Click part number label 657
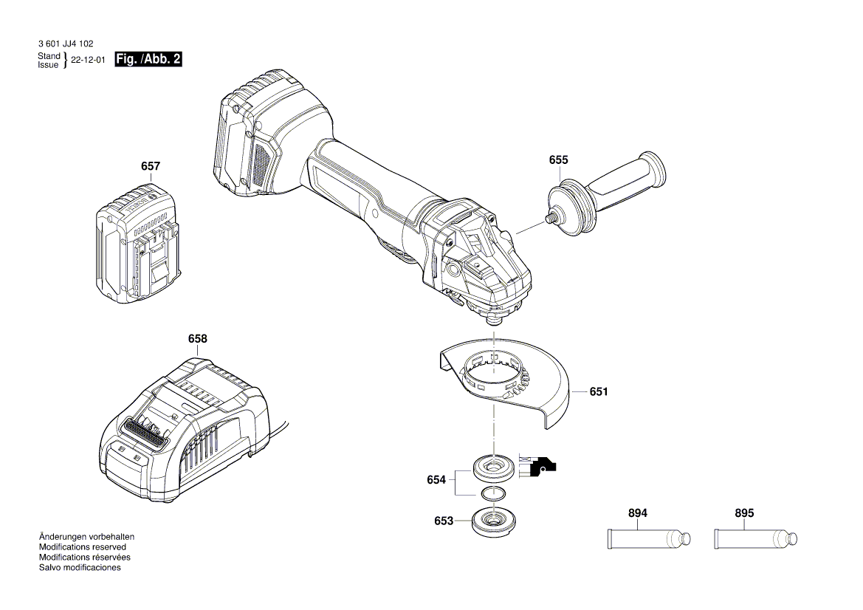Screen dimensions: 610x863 (150, 167)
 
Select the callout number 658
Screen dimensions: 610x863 (197, 339)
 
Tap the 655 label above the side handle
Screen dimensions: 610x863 (558, 160)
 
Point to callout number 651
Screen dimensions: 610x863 (599, 391)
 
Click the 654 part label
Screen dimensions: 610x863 (436, 480)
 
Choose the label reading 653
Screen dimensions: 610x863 (443, 521)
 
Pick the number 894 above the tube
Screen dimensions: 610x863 (637, 513)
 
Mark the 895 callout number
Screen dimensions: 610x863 (744, 513)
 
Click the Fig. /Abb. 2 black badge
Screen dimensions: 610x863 (148, 60)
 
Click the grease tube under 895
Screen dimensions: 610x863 (756, 538)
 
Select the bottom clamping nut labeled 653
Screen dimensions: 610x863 (492, 522)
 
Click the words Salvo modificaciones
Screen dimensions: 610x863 (80, 568)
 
